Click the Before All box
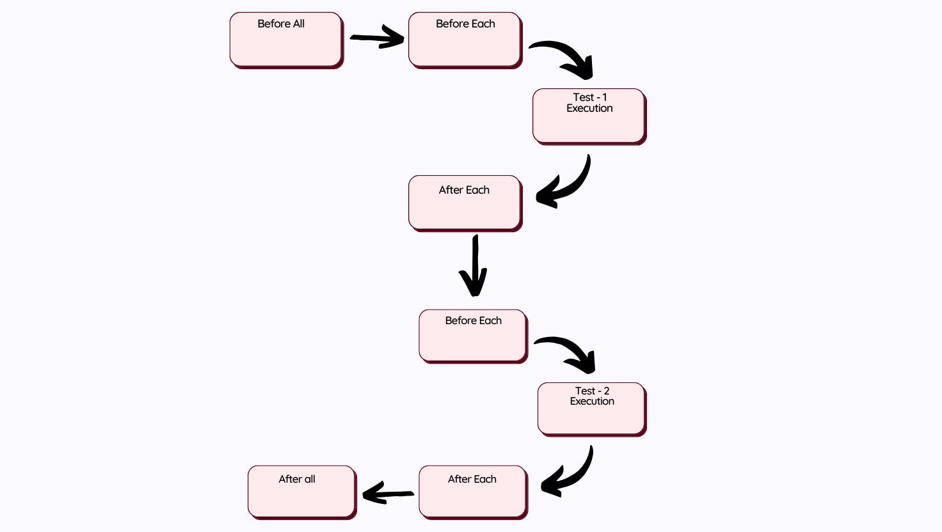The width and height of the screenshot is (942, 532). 286,40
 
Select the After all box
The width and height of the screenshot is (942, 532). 301,492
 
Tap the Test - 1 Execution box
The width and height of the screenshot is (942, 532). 589,116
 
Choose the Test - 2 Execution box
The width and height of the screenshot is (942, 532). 592,409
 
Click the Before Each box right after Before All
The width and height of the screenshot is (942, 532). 465,40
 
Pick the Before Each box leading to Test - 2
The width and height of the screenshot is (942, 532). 473,336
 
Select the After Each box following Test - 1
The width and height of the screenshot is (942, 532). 465,203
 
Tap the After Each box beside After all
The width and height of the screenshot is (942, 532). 473,492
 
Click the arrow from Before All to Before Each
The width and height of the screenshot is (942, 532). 378,38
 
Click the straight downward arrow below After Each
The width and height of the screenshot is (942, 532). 474,265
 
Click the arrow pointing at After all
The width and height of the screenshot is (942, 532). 388,493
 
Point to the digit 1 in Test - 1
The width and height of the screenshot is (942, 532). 604,97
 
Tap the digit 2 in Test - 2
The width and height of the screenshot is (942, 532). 606,391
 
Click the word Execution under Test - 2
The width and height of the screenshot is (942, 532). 592,402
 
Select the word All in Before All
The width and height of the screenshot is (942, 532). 299,24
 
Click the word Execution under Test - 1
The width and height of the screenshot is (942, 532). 589,109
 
